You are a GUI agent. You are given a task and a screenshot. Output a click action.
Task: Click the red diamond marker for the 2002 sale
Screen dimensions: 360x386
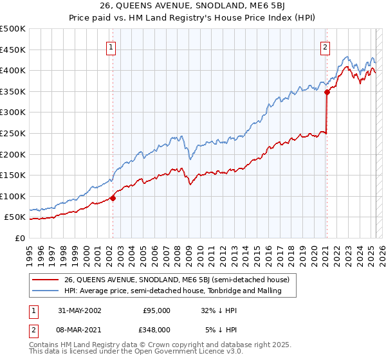pyautogui.click(x=113, y=198)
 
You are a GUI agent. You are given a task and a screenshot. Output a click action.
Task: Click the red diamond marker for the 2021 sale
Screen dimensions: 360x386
pyautogui.click(x=327, y=92)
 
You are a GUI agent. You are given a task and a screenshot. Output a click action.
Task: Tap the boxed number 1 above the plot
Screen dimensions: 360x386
pyautogui.click(x=111, y=47)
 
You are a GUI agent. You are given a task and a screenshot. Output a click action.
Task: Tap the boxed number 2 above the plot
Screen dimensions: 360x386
pyautogui.click(x=326, y=47)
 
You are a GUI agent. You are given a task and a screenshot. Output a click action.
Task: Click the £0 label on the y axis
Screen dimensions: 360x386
pyautogui.click(x=21, y=238)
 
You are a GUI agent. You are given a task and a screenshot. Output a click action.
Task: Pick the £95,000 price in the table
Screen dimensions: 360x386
pyautogui.click(x=156, y=310)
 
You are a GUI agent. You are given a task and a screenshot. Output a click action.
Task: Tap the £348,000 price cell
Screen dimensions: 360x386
pyautogui.click(x=156, y=329)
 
